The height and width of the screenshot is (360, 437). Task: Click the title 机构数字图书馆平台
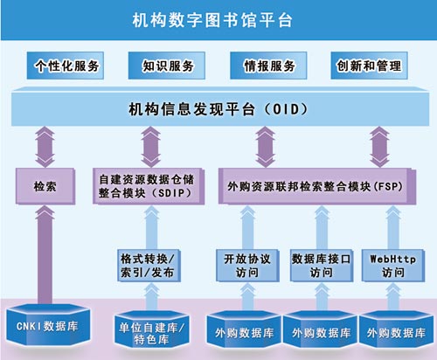[212, 20]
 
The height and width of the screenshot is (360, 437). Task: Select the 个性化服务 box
[66, 66]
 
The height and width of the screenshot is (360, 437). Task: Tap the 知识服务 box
[167, 66]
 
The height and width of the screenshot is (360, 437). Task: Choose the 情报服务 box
[268, 66]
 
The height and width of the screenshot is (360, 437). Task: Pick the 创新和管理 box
[369, 66]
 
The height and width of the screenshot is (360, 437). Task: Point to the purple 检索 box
[45, 186]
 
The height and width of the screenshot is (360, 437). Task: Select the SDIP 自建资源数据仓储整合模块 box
[149, 186]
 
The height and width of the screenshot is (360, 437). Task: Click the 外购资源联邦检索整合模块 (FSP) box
[317, 186]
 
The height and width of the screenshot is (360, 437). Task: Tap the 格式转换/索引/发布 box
[149, 266]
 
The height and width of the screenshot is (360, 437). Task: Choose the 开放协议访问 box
[247, 266]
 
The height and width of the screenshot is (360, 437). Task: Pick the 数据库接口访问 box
[322, 266]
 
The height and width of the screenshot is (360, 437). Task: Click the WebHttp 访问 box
[393, 266]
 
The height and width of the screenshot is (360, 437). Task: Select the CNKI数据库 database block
[48, 325]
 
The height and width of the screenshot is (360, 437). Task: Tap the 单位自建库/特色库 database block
[151, 329]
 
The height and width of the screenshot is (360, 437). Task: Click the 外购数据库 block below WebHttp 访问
[396, 329]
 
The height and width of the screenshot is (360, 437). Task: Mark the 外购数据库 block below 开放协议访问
[244, 329]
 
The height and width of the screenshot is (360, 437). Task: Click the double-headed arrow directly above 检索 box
[45, 147]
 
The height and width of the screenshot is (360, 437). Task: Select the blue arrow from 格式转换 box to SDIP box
[152, 227]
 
